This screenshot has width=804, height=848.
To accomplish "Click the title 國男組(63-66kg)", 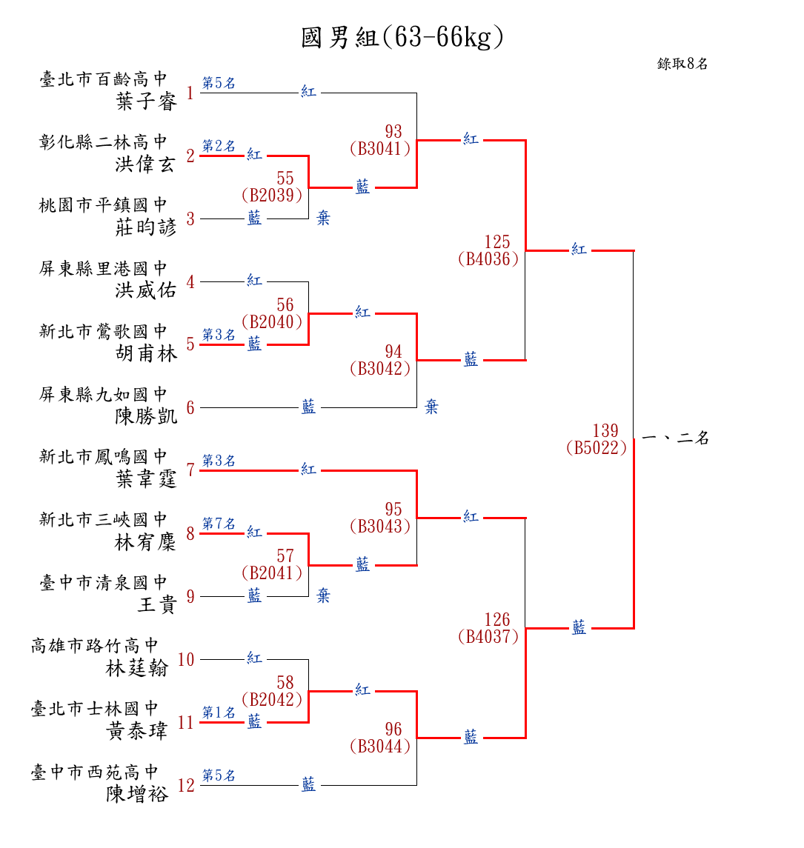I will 402,37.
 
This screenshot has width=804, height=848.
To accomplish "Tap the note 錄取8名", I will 682,64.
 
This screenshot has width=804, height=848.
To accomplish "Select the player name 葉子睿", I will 147,101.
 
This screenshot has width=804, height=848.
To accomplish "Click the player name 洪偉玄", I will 147,164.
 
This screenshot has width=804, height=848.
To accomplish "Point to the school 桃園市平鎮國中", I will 104,205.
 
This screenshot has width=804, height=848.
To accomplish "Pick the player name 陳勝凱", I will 147,416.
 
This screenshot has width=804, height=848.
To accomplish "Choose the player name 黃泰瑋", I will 137,731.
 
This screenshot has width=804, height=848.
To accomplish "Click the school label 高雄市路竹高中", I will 95,646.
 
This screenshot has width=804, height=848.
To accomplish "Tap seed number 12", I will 186,785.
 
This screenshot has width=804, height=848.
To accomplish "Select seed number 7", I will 190,470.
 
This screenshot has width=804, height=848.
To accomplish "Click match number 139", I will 605,431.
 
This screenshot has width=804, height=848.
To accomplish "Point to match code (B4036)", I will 488,259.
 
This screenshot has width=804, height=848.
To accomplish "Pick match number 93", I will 393,132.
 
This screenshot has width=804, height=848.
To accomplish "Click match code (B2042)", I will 272,699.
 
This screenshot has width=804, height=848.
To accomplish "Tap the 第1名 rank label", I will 219,712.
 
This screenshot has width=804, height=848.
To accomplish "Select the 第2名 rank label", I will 219,146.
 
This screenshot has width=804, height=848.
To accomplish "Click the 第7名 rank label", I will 219,524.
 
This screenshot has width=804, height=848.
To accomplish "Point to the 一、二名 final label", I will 675,438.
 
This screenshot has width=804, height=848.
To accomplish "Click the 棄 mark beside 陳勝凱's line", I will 431,407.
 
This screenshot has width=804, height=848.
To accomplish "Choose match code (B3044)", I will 379,747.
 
